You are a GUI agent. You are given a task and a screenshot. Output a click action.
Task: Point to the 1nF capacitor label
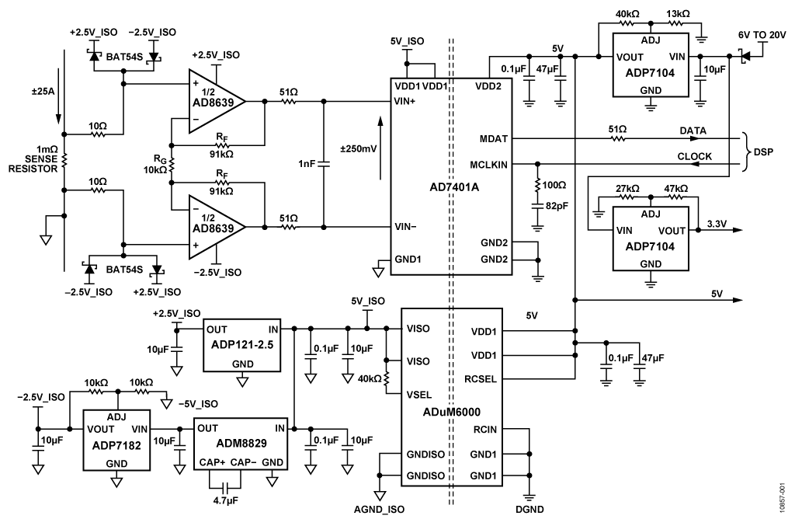click(x=307, y=164)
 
